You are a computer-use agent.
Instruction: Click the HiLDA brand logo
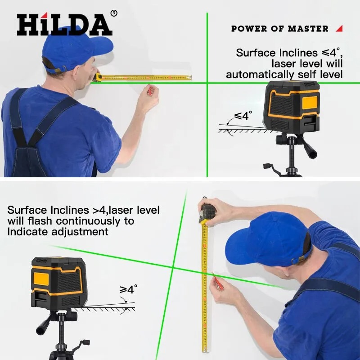pyautogui.click(x=65, y=24)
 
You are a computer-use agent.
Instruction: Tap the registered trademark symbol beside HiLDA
pyautogui.click(x=114, y=13)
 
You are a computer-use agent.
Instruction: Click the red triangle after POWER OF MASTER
pyautogui.click(x=339, y=28)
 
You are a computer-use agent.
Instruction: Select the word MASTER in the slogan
pyautogui.click(x=308, y=29)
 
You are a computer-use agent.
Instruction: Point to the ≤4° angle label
pyautogui.click(x=243, y=116)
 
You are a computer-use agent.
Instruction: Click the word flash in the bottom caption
pyautogui.click(x=40, y=221)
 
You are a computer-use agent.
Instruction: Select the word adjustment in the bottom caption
pyautogui.click(x=80, y=232)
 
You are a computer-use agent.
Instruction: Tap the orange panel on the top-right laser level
pyautogui.click(x=310, y=103)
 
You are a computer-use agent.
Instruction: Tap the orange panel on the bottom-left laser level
pyautogui.click(x=41, y=279)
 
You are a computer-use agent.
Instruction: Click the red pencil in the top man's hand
pyautogui.click(x=149, y=90)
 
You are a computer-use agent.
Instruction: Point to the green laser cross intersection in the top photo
pyautogui.click(x=207, y=83)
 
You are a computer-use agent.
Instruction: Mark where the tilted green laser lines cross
pyautogui.click(x=173, y=267)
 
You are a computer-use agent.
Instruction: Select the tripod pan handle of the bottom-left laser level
pyautogui.click(x=43, y=324)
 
